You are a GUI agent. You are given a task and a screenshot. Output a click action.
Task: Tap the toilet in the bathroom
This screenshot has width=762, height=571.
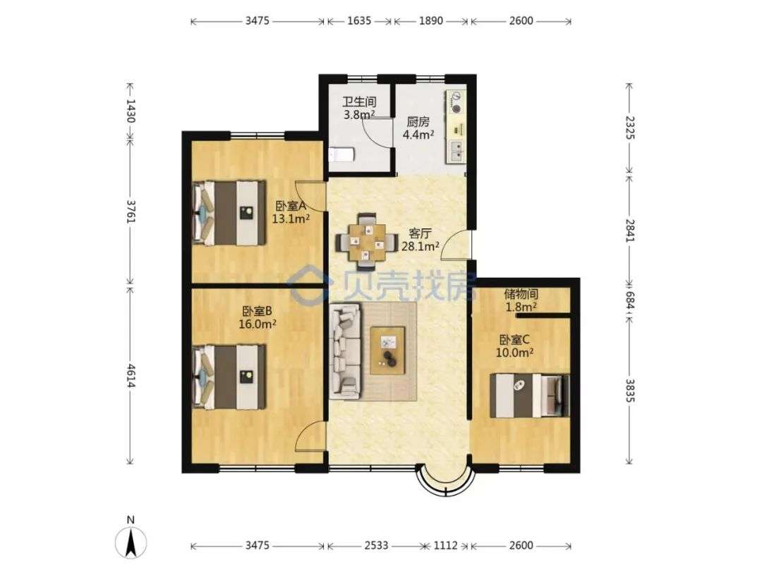pos(341,155)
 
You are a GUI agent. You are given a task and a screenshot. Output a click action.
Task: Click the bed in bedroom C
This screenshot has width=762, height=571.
pos(529,395)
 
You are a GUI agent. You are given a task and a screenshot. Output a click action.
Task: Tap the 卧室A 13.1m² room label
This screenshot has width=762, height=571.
pos(291,212)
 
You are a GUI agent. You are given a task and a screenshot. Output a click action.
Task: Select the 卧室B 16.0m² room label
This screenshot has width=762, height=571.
pos(258,317)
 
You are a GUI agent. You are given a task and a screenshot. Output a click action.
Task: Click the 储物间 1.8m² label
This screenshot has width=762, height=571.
pos(521,300)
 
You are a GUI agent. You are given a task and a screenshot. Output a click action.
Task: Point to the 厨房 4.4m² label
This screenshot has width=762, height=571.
pos(418,128)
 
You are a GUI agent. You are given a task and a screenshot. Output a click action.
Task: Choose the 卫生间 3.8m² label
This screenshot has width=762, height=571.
pos(360,109)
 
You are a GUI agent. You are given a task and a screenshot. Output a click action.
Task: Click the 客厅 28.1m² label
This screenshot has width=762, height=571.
pos(421,240)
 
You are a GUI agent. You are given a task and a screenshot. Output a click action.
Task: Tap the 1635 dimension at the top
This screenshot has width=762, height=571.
pos(359,20)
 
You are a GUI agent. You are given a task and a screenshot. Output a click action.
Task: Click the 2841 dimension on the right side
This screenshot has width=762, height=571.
pos(629,231)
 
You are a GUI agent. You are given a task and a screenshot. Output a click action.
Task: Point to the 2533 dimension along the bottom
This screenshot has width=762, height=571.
pos(376,545)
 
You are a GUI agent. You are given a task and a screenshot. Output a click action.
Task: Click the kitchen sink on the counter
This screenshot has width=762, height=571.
pos(456,151)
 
